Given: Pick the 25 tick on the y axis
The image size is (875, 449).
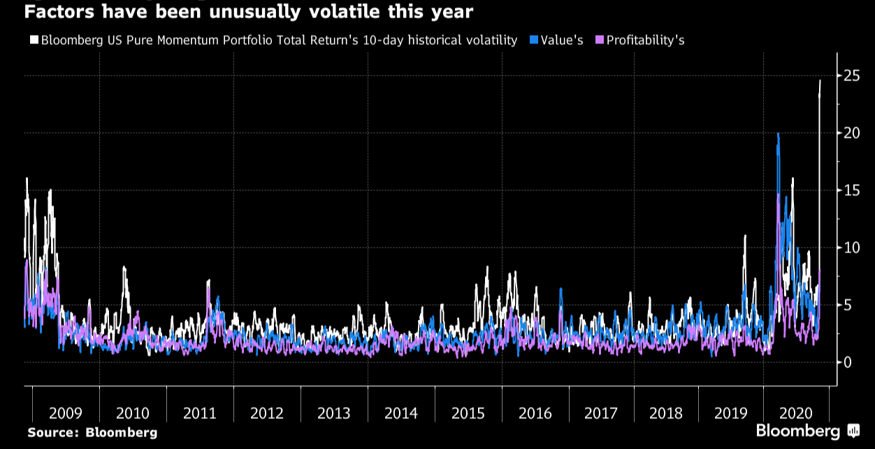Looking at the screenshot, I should [x=851, y=76].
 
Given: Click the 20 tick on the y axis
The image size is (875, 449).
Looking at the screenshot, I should [x=851, y=133].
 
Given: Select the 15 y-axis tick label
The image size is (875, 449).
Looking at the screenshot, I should [x=851, y=190].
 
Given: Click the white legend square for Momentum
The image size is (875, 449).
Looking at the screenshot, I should [x=34, y=41].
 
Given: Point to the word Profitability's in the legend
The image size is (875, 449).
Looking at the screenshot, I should [x=645, y=41].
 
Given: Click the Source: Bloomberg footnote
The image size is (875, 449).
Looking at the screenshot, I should [x=92, y=433].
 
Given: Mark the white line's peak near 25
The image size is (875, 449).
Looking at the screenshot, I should [x=820, y=80].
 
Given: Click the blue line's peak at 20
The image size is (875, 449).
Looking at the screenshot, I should [x=778, y=134].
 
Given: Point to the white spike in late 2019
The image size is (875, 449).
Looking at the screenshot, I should [x=745, y=236].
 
